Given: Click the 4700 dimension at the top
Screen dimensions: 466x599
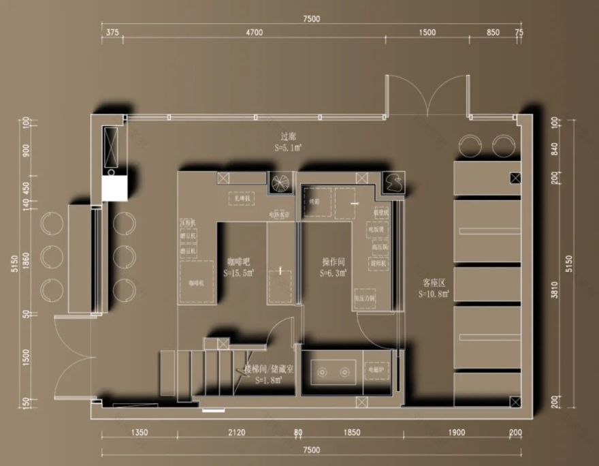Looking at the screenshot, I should click(255, 33).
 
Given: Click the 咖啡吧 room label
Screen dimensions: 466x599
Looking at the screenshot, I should click(240, 262).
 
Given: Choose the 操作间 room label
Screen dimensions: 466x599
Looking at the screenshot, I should click(334, 262).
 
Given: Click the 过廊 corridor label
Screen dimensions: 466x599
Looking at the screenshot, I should click(287, 136).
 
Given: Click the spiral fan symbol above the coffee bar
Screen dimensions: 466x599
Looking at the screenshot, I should click(280, 182).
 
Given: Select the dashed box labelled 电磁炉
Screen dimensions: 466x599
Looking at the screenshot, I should click(377, 372).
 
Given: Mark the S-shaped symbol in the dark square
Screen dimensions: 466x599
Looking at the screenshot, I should click(393, 181).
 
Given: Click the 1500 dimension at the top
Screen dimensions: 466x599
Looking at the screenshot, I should click(427, 33).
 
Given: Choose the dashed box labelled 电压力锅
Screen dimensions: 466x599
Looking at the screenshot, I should click(366, 298).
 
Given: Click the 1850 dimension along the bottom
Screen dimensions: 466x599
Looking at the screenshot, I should click(352, 433).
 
